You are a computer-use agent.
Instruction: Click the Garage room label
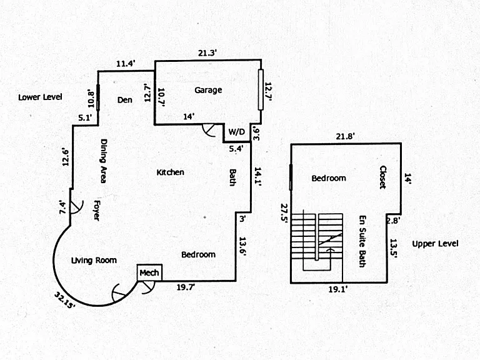(x=208, y=90)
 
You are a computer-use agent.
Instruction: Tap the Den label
(x=125, y=100)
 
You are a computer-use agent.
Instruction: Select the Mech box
(x=149, y=272)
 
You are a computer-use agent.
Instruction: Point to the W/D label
(x=237, y=132)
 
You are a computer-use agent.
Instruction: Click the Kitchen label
(x=170, y=172)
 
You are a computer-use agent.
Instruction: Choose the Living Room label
(x=94, y=261)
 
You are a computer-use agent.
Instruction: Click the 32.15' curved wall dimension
(x=65, y=300)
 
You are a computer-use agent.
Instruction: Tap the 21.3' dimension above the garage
(x=207, y=53)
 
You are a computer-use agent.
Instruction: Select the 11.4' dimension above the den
(x=126, y=64)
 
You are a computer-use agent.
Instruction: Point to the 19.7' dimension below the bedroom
(x=186, y=287)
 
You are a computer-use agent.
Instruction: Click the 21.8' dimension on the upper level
(x=345, y=136)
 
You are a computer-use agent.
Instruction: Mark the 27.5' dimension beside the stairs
(x=284, y=214)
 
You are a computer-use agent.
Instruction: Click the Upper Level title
(x=435, y=244)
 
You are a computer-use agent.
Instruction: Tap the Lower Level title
(x=40, y=97)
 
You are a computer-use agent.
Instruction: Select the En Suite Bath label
(x=362, y=241)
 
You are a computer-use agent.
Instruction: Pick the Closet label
(x=383, y=177)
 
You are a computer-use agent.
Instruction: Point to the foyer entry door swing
(x=76, y=207)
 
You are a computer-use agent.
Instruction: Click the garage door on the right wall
(x=261, y=90)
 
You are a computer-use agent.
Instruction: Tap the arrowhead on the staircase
(x=330, y=250)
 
